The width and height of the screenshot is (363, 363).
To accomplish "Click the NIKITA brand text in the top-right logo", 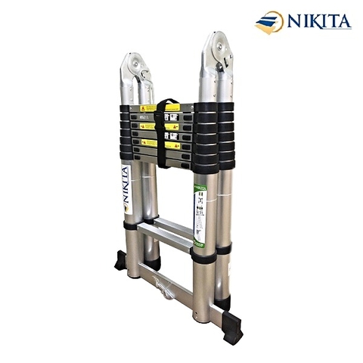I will pos(318,21).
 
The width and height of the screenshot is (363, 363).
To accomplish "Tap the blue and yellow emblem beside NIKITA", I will pos(268,22).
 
